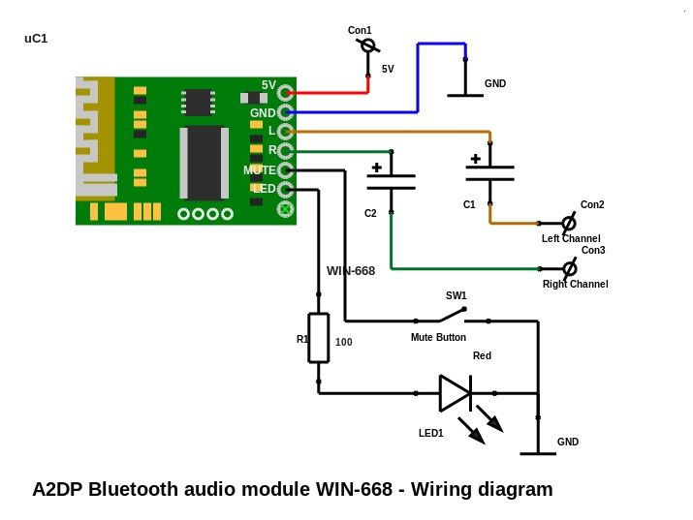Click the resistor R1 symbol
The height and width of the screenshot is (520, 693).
click(x=318, y=338)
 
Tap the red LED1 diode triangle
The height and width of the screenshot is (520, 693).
click(x=455, y=393)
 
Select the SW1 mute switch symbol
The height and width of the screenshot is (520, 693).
click(x=451, y=315)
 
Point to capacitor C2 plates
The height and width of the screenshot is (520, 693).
click(x=391, y=181)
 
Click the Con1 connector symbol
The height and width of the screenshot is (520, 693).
click(x=367, y=46)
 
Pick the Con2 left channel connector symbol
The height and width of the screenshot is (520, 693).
click(x=569, y=223)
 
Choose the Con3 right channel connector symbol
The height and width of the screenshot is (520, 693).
click(x=569, y=267)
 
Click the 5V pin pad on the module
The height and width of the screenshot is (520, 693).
click(x=285, y=93)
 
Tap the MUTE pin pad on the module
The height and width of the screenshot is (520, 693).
click(x=285, y=169)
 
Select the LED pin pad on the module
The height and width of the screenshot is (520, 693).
click(x=285, y=189)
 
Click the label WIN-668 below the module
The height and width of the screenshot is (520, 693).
click(x=350, y=271)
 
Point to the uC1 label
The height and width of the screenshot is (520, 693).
click(x=36, y=39)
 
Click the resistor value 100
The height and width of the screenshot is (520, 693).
click(x=343, y=342)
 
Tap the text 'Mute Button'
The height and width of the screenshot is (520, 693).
click(x=438, y=338)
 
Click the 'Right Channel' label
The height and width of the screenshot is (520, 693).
click(x=575, y=285)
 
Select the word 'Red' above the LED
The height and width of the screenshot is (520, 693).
click(x=482, y=356)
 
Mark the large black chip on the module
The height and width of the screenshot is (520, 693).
click(x=204, y=164)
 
